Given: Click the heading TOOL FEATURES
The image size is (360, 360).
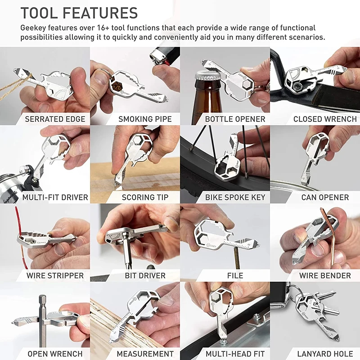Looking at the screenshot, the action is tap(79, 13).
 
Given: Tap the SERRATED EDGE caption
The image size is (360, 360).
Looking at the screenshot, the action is tap(55, 119).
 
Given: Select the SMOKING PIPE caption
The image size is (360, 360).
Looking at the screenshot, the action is tap(145, 119).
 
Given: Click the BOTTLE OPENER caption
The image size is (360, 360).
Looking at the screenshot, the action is tap(235, 119).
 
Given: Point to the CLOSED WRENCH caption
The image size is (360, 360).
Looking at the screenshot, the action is tap(325, 119).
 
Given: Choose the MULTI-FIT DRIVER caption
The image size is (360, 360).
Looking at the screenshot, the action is tap(55, 197).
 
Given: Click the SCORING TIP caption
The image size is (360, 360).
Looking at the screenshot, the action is tap(145, 197).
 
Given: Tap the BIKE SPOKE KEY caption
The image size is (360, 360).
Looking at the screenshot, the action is tap(235, 197).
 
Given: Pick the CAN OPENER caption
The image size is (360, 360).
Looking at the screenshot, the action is tap(325, 197).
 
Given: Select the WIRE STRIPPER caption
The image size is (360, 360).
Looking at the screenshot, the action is tap(55, 275).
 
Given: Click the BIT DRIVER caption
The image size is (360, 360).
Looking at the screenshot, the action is tap(145, 275).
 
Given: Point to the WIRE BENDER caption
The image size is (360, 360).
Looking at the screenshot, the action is tap(325, 275).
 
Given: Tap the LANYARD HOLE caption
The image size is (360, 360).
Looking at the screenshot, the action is tap(325, 354).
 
